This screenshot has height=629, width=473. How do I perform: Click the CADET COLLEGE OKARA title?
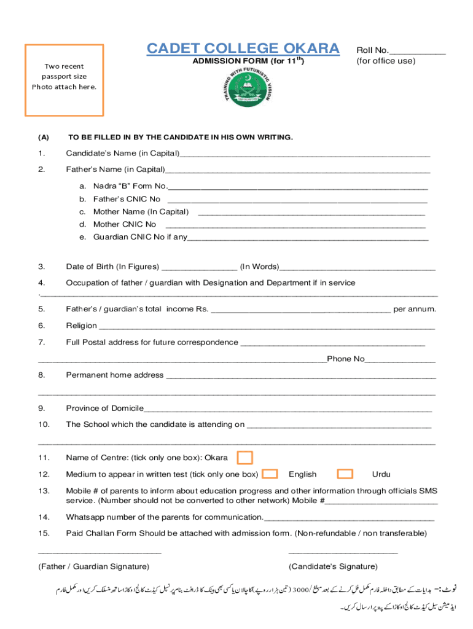point(243,49)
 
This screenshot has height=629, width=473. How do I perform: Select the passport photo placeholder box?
point(64,80)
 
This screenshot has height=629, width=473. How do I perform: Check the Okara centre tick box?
point(244,458)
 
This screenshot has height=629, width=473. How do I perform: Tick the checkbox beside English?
point(270,474)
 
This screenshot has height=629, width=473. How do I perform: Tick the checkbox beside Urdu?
point(345,474)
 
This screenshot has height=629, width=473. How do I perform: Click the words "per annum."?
point(415,309)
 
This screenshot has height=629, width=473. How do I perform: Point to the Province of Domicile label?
point(104,408)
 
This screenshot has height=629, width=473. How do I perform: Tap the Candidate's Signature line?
point(343,554)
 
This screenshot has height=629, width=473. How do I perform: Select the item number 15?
point(44,533)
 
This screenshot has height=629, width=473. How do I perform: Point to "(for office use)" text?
point(386,61)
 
